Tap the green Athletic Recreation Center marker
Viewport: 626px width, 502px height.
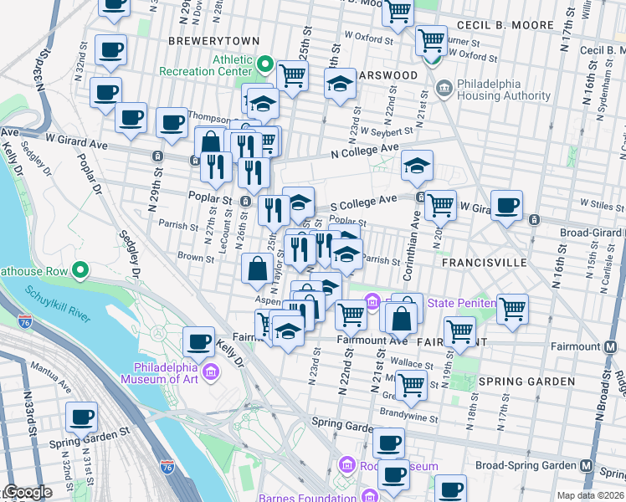(266, 64)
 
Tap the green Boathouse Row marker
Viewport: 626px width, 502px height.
(80, 269)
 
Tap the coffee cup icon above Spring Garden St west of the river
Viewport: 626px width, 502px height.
(82, 416)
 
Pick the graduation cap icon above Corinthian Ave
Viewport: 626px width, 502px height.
(417, 165)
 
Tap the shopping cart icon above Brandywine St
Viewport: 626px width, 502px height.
(411, 383)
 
